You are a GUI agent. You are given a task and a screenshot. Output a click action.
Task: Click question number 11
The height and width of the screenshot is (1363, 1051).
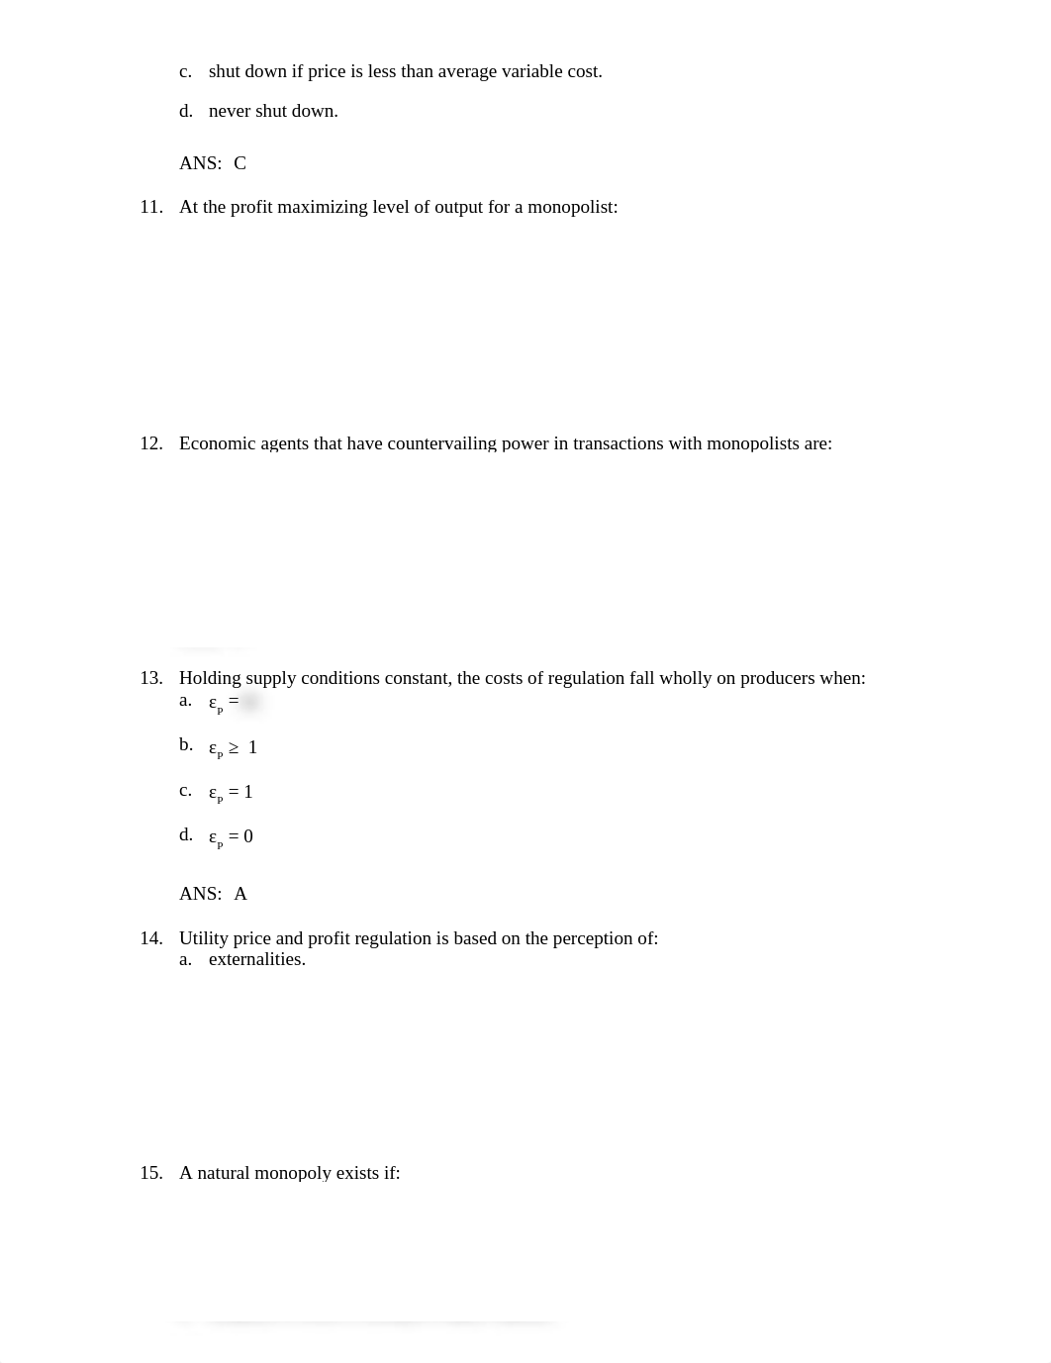tap(150, 207)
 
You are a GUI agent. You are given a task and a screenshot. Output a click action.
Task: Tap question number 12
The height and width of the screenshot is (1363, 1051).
tap(150, 443)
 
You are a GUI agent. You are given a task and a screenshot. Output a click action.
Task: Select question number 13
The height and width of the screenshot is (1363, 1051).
tap(150, 678)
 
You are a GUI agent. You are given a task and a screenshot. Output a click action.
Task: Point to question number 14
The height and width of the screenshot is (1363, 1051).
tap(150, 938)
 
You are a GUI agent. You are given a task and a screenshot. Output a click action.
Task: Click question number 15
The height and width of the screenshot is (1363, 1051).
tap(150, 1173)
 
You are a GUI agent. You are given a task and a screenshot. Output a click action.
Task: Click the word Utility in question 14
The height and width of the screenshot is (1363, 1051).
tap(204, 938)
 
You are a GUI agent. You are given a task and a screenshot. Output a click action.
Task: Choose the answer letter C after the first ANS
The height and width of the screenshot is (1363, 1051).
tap(240, 163)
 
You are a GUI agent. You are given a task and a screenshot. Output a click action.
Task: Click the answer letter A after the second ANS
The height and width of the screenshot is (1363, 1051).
tap(240, 894)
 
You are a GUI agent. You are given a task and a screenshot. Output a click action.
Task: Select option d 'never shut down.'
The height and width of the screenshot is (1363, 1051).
tap(273, 111)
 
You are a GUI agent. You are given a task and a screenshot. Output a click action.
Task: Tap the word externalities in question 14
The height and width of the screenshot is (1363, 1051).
tap(256, 959)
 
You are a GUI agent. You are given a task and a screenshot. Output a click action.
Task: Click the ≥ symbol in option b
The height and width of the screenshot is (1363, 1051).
tap(234, 747)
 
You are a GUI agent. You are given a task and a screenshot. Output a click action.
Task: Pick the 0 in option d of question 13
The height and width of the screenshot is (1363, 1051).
tap(248, 836)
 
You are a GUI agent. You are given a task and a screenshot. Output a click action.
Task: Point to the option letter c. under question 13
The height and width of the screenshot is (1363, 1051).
tap(185, 790)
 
